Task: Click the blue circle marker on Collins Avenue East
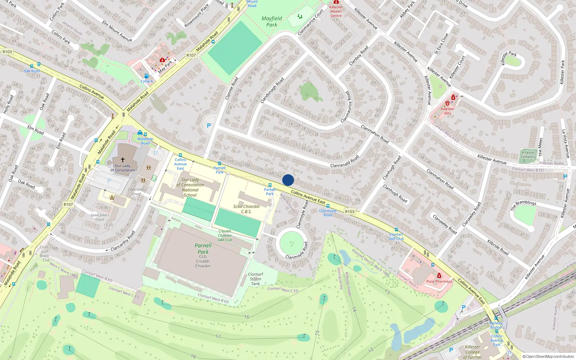pyautogui.click(x=288, y=180)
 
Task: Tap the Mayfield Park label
pyautogui.click(x=272, y=22)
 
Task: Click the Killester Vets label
pyautogui.click(x=447, y=111)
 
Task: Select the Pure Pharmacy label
pyautogui.click(x=439, y=282)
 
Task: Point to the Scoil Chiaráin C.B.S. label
pyautogui.click(x=246, y=209)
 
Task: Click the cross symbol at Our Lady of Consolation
pyautogui.click(x=123, y=159)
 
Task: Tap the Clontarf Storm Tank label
pyautogui.click(x=256, y=279)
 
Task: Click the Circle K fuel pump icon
pyautogui.click(x=147, y=76)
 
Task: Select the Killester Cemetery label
pyautogui.click(x=528, y=154)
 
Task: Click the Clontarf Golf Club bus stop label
pyautogui.click(x=396, y=237)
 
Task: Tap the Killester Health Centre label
pyautogui.click(x=336, y=11)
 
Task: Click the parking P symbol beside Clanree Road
pyautogui.click(x=209, y=126)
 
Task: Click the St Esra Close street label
pyautogui.click(x=441, y=44)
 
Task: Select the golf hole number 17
pyautogui.click(x=218, y=336)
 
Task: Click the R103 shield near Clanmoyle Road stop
pyautogui.click(x=350, y=212)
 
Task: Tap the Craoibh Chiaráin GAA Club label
pyautogui.click(x=225, y=235)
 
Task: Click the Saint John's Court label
pyautogui.click(x=100, y=217)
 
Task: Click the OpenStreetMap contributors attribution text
pyautogui.click(x=548, y=356)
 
